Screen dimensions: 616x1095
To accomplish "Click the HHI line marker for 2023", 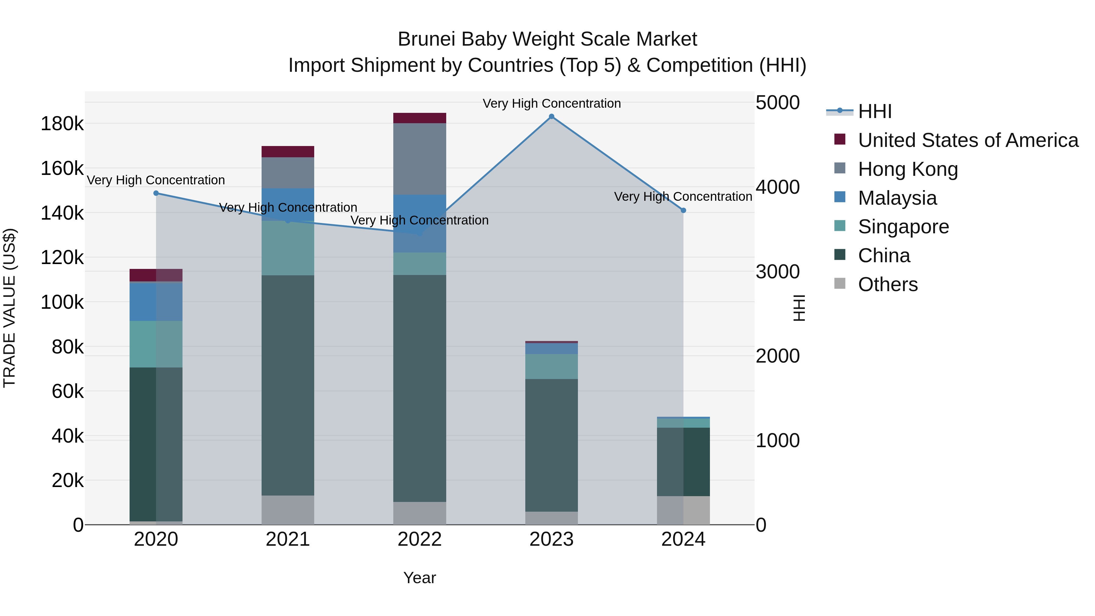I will click(551, 117).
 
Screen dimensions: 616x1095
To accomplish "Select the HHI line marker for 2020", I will click(156, 193).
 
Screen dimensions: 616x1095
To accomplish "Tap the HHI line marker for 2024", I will click(683, 211).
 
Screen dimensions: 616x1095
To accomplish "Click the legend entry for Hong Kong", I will click(908, 169).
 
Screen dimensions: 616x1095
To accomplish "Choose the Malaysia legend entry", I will click(897, 198).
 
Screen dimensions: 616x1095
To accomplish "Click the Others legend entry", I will click(888, 284).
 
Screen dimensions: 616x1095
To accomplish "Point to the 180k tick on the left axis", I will click(62, 124).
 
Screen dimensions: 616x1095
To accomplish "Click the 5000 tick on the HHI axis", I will click(777, 103).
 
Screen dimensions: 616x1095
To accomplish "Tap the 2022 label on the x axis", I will click(419, 539).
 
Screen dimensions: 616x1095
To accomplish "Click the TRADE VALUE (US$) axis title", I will click(9, 308).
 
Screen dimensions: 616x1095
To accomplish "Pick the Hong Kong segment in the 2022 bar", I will click(419, 159).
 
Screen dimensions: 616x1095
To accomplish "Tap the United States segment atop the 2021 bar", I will click(288, 152).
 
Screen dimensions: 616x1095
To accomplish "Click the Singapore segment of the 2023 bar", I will click(551, 367).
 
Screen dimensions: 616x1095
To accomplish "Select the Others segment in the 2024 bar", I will click(683, 510).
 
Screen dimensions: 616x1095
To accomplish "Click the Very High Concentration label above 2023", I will click(551, 104).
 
